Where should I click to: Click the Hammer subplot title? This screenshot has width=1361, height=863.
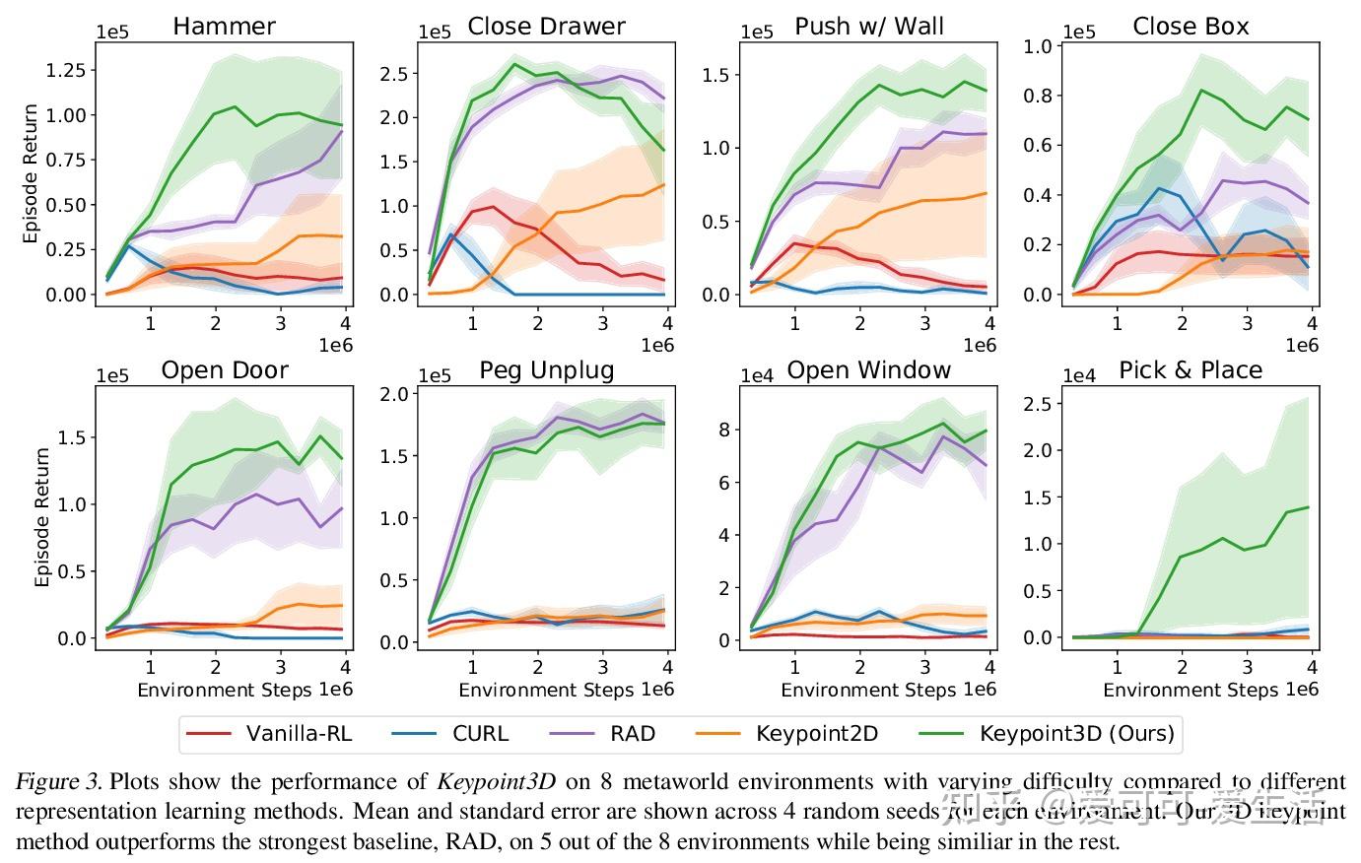point(224,26)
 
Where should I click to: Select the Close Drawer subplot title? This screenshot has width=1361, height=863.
point(546,26)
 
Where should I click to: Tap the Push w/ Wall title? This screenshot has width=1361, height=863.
point(868,26)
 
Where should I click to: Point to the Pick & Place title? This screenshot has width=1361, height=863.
point(1191,370)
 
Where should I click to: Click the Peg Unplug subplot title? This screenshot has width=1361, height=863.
point(546,370)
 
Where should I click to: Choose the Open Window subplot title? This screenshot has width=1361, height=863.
point(868,370)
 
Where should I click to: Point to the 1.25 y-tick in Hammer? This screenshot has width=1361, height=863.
point(64,70)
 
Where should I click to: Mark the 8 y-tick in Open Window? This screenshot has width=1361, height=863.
point(723,430)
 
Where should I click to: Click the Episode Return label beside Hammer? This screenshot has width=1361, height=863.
point(32,173)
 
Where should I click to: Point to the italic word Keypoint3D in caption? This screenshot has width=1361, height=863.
point(496,783)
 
